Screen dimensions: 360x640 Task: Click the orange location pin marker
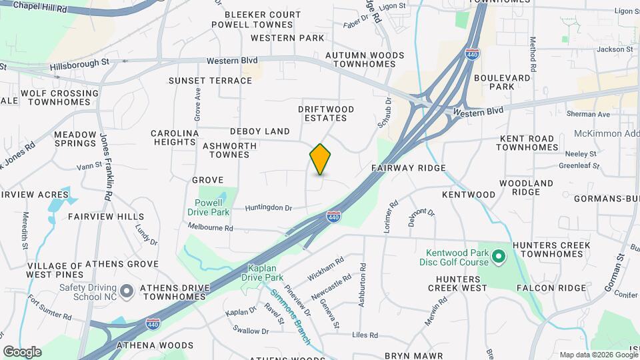(320, 159)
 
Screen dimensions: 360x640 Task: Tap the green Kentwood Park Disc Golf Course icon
(497, 256)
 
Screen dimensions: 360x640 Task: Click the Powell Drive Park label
(212, 207)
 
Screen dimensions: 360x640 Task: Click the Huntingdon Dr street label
(269, 208)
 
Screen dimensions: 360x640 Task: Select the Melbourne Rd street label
(210, 228)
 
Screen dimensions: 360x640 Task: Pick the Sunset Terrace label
(210, 81)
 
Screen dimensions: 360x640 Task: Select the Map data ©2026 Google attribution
(598, 355)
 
